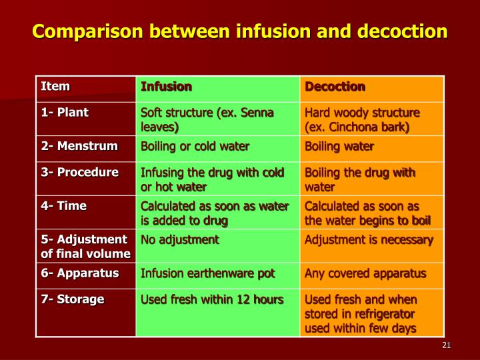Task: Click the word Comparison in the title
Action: tap(87, 32)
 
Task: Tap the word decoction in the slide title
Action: tap(403, 31)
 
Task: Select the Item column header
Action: tap(55, 86)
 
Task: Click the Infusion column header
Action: tap(166, 87)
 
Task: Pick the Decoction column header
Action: tap(335, 87)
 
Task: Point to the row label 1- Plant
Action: tap(65, 113)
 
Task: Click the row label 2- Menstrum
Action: tap(79, 146)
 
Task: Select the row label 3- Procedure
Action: tap(79, 173)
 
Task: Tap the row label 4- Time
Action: tap(64, 206)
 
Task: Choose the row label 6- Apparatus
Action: tap(80, 273)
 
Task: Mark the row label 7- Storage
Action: tap(73, 299)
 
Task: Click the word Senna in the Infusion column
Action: tap(257, 113)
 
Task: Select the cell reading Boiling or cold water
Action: tap(195, 146)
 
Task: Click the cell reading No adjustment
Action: tap(180, 240)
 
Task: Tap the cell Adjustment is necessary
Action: tap(369, 240)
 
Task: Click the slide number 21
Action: tap(446, 345)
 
